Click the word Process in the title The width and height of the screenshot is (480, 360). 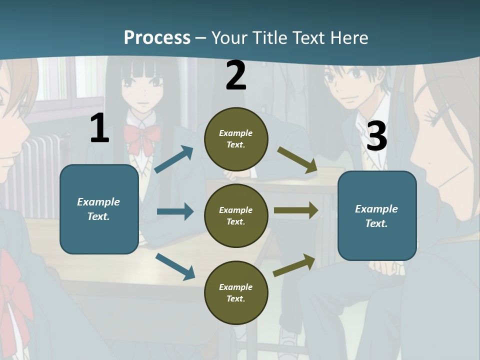pos(157,38)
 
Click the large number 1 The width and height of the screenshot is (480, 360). pos(99,128)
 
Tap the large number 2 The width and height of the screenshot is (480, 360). pos(236,76)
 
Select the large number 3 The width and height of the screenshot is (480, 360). pos(377,136)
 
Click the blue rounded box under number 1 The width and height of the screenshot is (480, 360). pos(99,209)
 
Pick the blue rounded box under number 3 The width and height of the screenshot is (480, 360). pos(377,216)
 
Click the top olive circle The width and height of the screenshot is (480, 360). pos(236,139)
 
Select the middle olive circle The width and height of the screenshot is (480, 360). pos(236,215)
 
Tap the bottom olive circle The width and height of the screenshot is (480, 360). pos(236,292)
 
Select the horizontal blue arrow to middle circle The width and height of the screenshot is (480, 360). pos(175,211)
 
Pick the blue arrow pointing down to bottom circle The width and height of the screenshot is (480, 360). pos(175,266)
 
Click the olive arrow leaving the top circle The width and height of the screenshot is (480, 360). pos(297,160)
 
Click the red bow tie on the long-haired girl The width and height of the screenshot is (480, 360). pos(142,137)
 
